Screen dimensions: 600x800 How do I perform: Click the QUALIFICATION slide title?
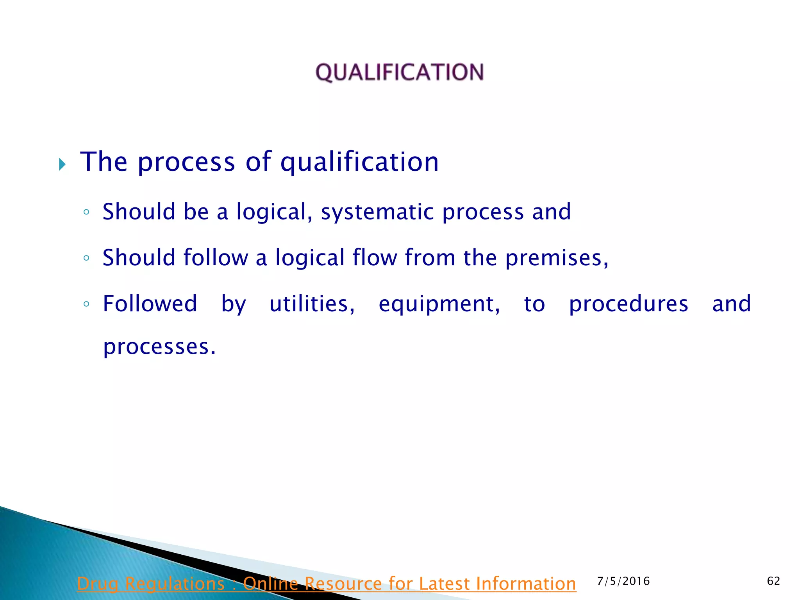pos(400,73)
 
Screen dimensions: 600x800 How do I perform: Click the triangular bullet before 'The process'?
pos(62,164)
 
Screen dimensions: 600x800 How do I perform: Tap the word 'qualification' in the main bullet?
pos(359,162)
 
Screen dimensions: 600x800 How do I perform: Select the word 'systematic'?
pos(377,212)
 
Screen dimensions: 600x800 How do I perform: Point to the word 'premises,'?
pos(557,258)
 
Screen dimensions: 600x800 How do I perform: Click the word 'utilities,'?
pos(312,304)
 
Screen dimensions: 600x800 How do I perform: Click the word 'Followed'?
pos(150,304)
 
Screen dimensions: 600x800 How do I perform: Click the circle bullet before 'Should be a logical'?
pos(86,212)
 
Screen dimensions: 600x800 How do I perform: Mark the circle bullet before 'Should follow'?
pos(86,258)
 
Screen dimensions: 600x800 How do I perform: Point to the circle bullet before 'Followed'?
pos(86,304)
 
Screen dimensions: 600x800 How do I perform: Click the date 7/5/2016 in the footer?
pos(623,581)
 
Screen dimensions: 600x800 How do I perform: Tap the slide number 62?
pos(773,581)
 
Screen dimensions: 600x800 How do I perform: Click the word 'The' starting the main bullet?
pos(104,162)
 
